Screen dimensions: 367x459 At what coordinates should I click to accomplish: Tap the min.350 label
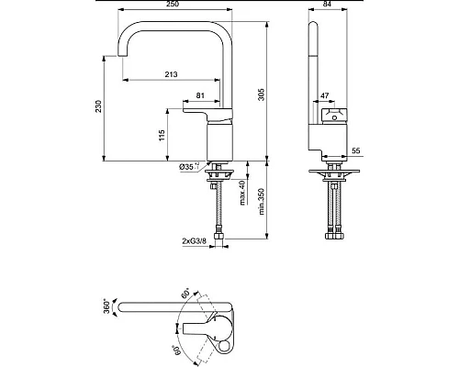(263, 200)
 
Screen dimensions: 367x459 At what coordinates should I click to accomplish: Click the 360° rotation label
(107, 305)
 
